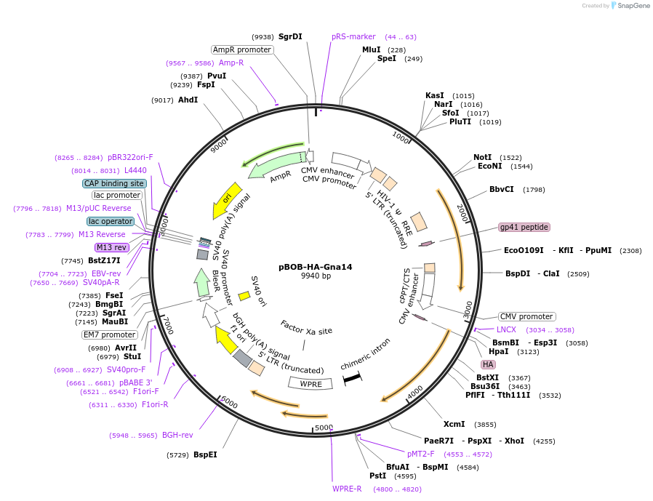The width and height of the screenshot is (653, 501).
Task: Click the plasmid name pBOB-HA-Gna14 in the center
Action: (316, 267)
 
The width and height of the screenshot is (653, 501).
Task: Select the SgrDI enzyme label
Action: (290, 36)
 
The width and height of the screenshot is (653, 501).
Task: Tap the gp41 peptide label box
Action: (524, 227)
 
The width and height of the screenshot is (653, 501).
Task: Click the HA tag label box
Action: (488, 364)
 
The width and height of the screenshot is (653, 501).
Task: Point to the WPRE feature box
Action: (311, 383)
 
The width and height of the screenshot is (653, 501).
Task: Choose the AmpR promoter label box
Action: (242, 49)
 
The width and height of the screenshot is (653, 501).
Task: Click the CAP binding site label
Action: (114, 184)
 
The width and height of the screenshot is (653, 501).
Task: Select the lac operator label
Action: (111, 221)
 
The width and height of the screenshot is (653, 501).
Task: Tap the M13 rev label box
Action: (111, 247)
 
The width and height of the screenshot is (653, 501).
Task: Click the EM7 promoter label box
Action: (109, 334)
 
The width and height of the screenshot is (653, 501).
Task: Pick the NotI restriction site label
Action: (482, 157)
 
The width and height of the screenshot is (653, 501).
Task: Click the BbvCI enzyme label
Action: (502, 190)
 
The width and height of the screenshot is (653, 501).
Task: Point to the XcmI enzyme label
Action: (454, 424)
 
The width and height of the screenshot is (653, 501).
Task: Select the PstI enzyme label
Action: (377, 476)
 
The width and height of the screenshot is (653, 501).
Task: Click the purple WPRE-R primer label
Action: (347, 489)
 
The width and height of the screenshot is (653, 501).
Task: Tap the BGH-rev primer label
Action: (177, 435)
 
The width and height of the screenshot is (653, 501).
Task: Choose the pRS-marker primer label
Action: (353, 36)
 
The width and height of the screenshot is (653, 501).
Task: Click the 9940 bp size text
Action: (316, 276)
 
